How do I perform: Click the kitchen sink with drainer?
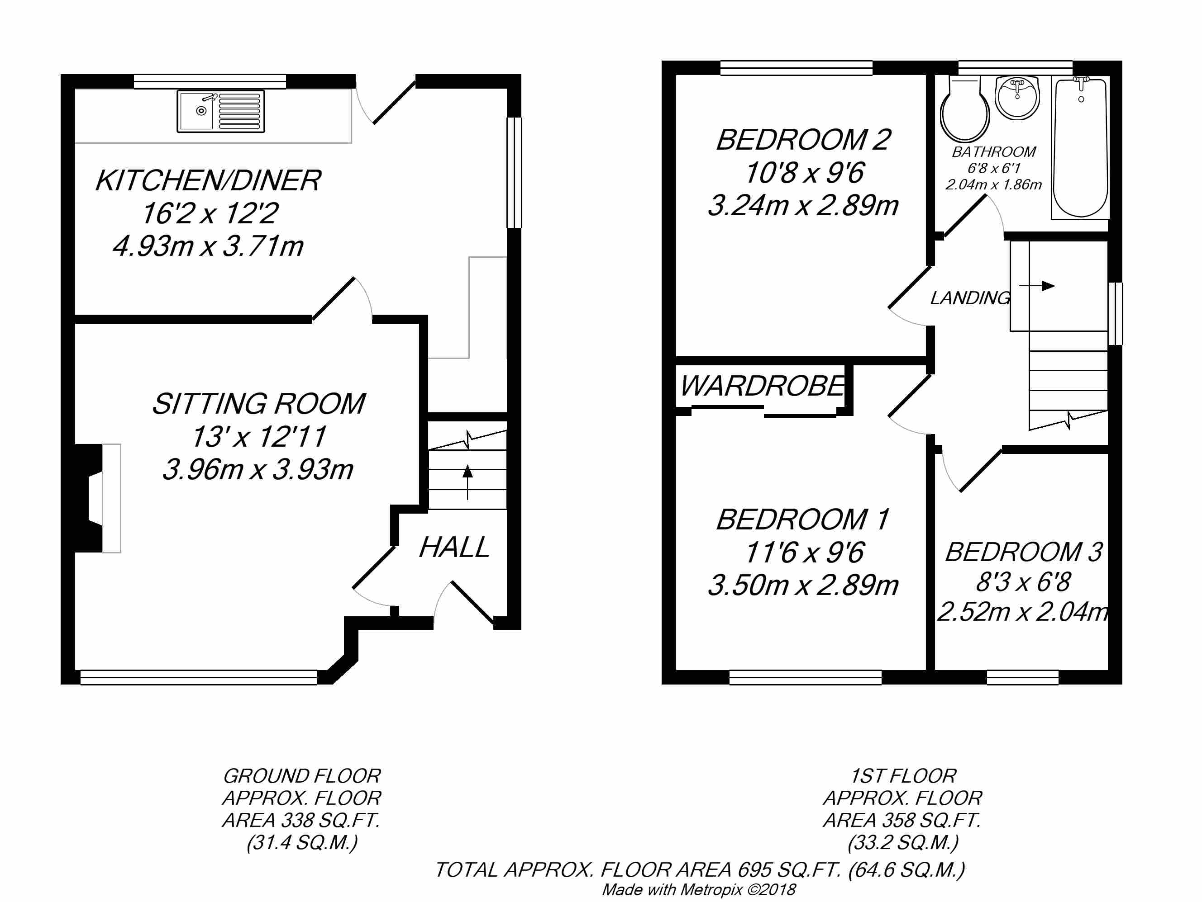pos(220,111)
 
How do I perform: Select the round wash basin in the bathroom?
pos(1017,98)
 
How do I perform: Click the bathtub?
pos(1080,148)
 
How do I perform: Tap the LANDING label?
pos(970,298)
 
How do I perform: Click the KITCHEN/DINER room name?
pos(208,180)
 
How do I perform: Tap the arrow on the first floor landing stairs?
pos(1037,286)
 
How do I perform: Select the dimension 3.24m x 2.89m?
pos(802,206)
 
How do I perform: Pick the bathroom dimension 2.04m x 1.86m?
pos(993,184)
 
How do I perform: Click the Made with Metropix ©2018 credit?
pos(699,889)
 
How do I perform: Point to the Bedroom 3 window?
pos(1022,677)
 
